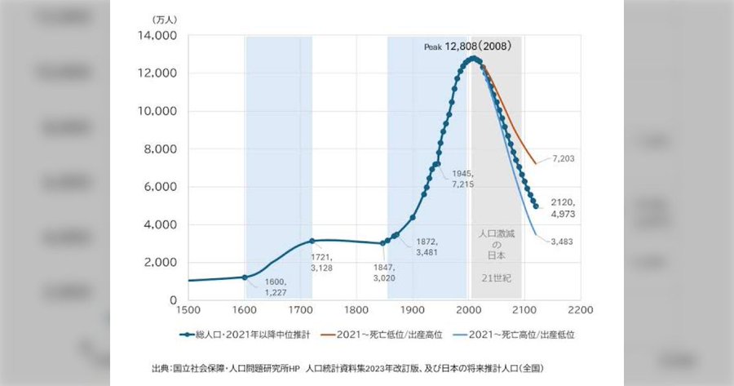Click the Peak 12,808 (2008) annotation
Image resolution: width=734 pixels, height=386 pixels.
click(x=467, y=47)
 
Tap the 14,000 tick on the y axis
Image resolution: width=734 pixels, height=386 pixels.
click(x=159, y=36)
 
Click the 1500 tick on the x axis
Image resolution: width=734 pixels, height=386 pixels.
click(x=188, y=311)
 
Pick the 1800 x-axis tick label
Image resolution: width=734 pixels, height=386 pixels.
click(x=356, y=311)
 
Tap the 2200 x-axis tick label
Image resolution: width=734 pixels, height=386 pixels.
click(x=579, y=311)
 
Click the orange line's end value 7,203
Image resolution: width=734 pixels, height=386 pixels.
click(x=562, y=158)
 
